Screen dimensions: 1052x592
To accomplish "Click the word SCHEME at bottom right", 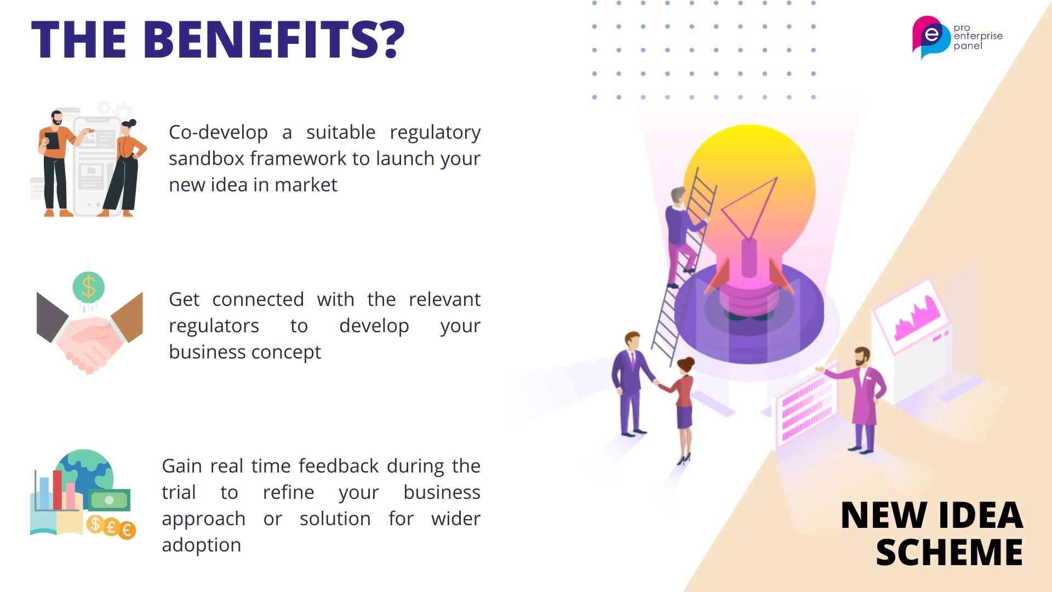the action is (950, 551).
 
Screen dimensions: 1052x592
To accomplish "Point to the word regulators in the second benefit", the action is (214, 326).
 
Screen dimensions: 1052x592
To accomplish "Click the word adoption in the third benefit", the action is (201, 545).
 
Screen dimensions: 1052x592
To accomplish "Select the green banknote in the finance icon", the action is (109, 500).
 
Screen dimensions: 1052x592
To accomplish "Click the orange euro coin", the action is (127, 530).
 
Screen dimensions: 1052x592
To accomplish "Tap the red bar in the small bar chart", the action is (58, 489).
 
